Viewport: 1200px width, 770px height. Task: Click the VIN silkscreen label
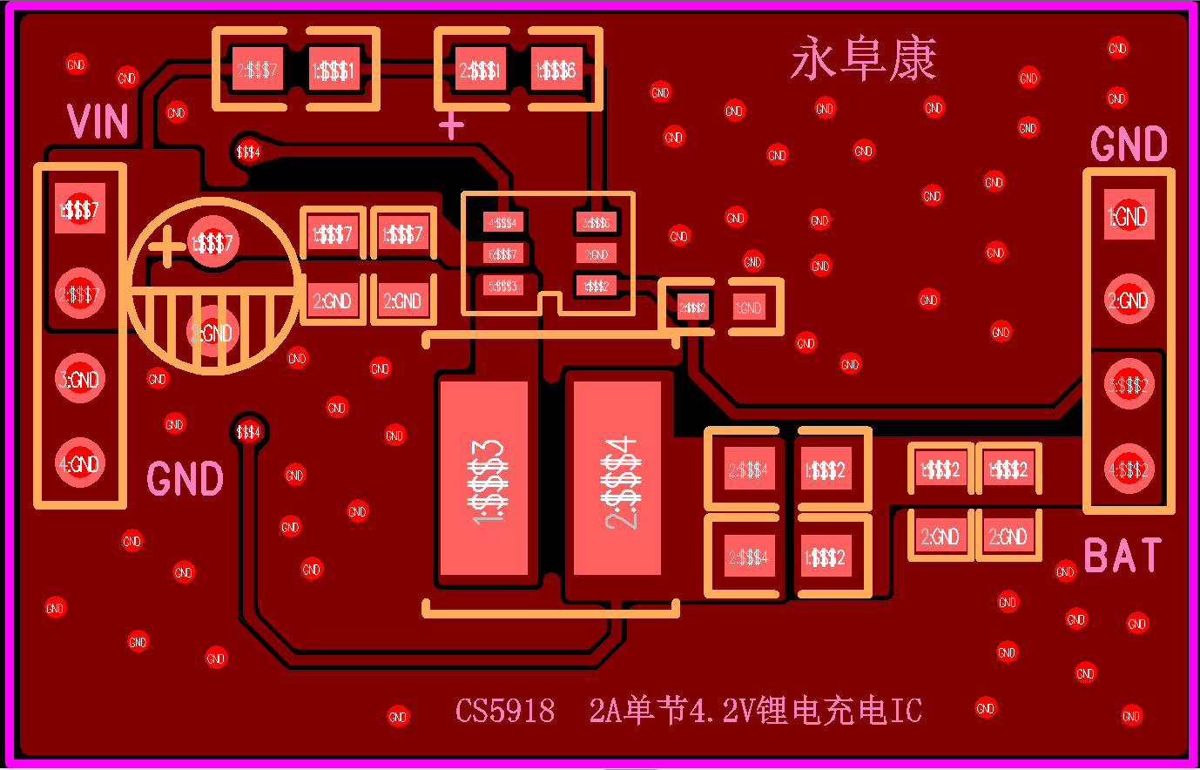pyautogui.click(x=98, y=122)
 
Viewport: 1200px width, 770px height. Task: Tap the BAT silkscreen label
pyautogui.click(x=1122, y=556)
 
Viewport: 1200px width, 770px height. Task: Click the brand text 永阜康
pyautogui.click(x=863, y=59)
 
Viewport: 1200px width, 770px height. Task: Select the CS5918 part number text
pyautogui.click(x=505, y=711)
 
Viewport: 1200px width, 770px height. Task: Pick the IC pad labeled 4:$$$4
pyautogui.click(x=504, y=223)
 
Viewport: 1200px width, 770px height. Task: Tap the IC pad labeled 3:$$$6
pyautogui.click(x=597, y=223)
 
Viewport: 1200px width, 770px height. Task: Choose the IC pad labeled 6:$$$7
pyautogui.click(x=504, y=254)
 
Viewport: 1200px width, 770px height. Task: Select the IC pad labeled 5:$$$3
pyautogui.click(x=504, y=286)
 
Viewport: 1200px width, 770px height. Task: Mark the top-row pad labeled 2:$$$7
pyautogui.click(x=258, y=70)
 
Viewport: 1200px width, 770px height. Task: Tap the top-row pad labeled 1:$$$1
pyautogui.click(x=334, y=70)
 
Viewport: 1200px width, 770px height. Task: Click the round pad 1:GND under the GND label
pyautogui.click(x=1129, y=216)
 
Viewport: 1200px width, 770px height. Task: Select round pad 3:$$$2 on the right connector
pyautogui.click(x=1129, y=384)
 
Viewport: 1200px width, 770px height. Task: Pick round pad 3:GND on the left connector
pyautogui.click(x=80, y=379)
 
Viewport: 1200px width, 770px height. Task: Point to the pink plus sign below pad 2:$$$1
pyautogui.click(x=451, y=127)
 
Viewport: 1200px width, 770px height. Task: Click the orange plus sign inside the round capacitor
pyautogui.click(x=166, y=247)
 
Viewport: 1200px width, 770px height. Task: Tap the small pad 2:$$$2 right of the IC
pyautogui.click(x=693, y=307)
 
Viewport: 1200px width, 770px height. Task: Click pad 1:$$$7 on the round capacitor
pyautogui.click(x=212, y=243)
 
